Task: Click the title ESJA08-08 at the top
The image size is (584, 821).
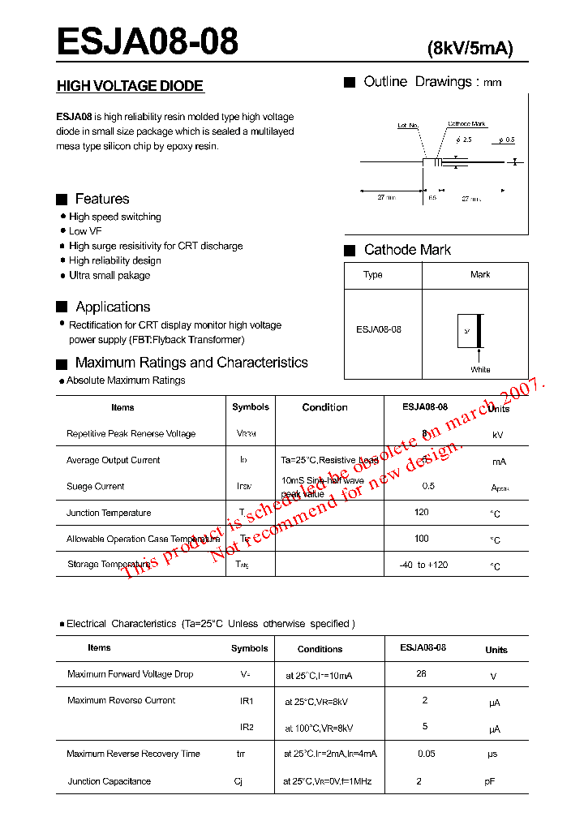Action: [x=147, y=41]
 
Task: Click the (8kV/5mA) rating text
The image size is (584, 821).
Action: [x=470, y=49]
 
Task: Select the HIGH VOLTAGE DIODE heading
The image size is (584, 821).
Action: [x=130, y=86]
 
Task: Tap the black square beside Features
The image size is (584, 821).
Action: [x=62, y=199]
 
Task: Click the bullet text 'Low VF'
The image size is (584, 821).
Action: [x=85, y=231]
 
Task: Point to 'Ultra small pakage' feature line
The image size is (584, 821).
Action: [x=109, y=275]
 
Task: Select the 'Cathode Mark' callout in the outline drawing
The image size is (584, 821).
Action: [x=466, y=124]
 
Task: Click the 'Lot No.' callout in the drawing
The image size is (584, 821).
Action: [x=407, y=126]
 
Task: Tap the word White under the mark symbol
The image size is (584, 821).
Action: [x=480, y=369]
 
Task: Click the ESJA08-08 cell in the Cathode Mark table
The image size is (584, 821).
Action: [x=379, y=329]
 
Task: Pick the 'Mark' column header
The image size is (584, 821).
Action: [x=480, y=274]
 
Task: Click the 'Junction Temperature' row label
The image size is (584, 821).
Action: [x=109, y=513]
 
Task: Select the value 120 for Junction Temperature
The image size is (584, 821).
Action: [x=421, y=513]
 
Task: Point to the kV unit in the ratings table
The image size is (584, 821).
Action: [x=497, y=435]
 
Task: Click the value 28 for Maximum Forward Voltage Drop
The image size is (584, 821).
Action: [x=421, y=673]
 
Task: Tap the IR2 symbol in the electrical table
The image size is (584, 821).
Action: [x=247, y=727]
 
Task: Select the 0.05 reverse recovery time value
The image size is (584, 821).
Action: [x=426, y=754]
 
